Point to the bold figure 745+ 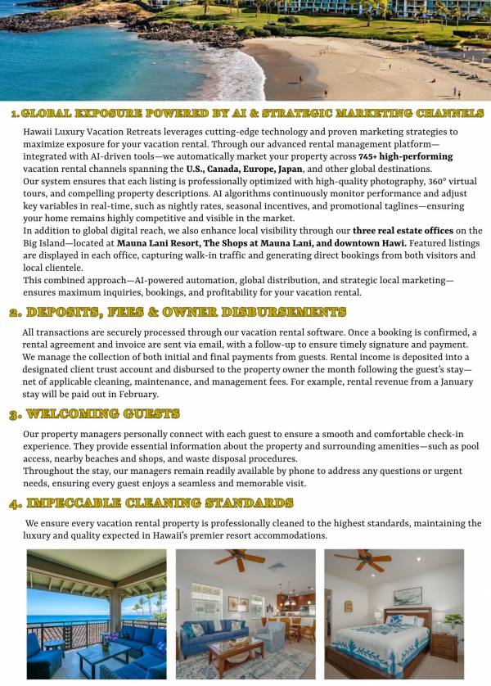(x=368, y=156)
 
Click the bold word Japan (x=288, y=169)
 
